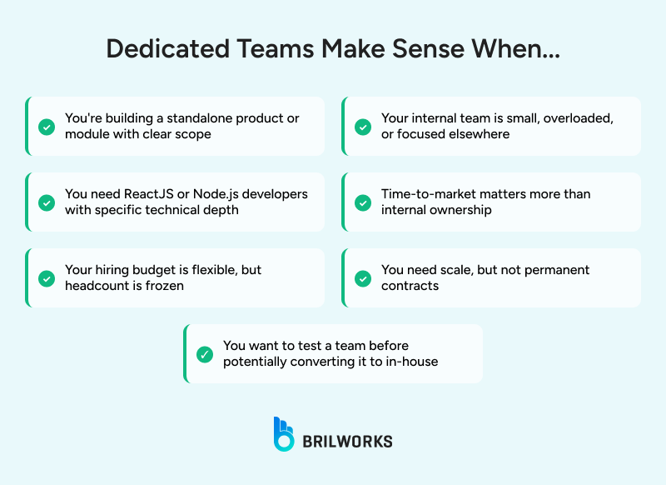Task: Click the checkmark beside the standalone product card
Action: (x=47, y=127)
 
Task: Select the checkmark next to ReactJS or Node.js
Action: (x=47, y=202)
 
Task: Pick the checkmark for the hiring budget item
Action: (x=47, y=278)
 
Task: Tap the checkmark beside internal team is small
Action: (x=363, y=127)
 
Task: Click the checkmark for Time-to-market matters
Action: (x=363, y=202)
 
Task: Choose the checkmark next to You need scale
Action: (x=363, y=278)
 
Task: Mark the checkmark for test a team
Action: (x=205, y=354)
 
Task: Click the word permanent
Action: (x=552, y=270)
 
